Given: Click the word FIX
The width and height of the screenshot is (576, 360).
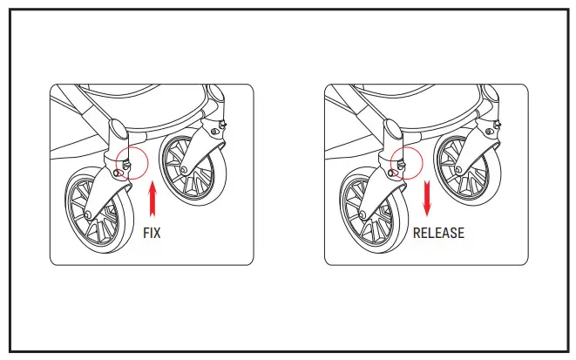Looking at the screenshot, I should point(152,234).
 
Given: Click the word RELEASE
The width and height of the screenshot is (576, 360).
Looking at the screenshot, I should point(438,234).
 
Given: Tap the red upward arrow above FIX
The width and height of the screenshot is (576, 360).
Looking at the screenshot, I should point(152,199).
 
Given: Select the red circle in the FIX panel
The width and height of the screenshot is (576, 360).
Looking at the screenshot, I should point(132,163).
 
